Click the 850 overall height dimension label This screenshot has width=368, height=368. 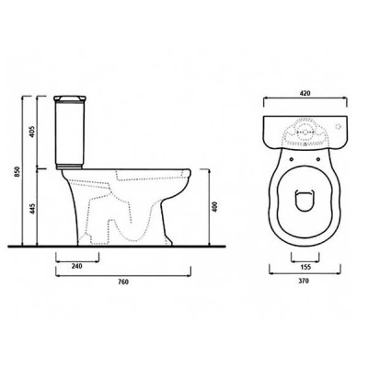tap(17, 171)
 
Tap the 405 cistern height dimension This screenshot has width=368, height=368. tap(33, 132)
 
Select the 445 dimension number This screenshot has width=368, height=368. tap(33, 208)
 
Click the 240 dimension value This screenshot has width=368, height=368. tap(76, 266)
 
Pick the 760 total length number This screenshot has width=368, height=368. tap(123, 282)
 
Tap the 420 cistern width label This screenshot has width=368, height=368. tap(305, 93)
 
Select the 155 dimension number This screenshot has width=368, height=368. tap(305, 267)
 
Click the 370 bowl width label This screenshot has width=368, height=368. tap(305, 281)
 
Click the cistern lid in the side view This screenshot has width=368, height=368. tap(70, 98)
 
